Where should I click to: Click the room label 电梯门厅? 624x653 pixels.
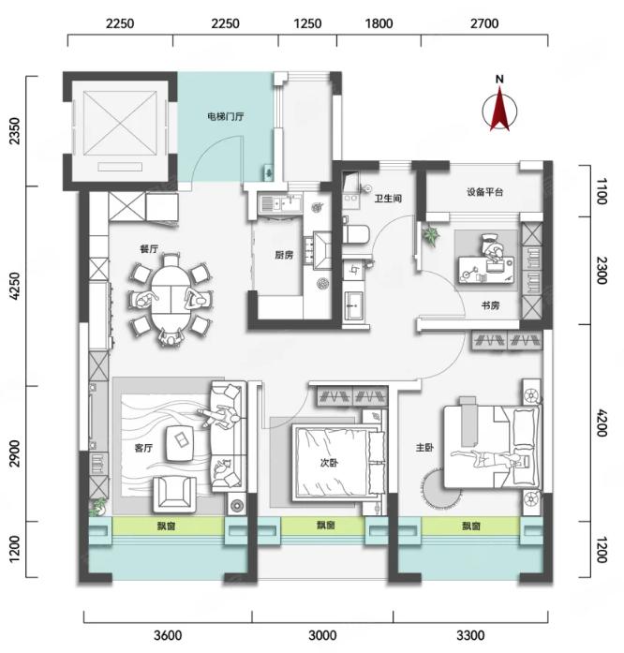tap(226, 116)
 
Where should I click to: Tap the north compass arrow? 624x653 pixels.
tap(500, 108)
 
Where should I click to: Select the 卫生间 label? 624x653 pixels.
tap(388, 199)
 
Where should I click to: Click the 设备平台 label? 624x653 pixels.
tap(485, 192)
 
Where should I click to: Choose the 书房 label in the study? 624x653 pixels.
tap(490, 305)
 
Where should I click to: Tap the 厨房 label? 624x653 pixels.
tap(284, 255)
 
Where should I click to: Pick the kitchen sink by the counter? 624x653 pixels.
tap(277, 204)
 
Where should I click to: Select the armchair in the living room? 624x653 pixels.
tap(174, 495)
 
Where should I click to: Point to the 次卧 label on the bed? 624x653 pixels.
tap(329, 463)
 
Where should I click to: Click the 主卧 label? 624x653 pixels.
tap(424, 448)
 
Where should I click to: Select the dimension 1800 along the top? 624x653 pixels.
tap(379, 23)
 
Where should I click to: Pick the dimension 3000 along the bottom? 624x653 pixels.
tap(322, 635)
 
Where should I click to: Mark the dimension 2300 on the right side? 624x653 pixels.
tap(602, 270)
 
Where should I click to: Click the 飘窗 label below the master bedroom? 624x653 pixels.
tap(471, 527)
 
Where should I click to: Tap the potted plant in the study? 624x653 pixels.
tap(430, 235)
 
